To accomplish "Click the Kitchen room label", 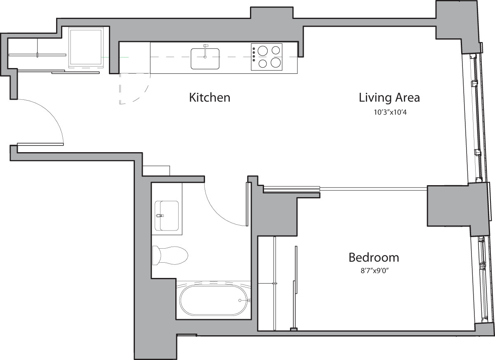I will tap(209, 98).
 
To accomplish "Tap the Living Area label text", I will tap(389, 98).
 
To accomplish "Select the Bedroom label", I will tap(374, 258).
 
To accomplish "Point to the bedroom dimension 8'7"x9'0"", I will tap(374, 271).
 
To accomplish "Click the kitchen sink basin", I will tap(205, 59).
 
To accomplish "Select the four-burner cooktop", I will tap(266, 56).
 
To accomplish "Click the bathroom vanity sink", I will tap(167, 216).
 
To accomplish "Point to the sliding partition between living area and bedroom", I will tap(344, 189).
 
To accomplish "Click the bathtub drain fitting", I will tap(248, 301).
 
